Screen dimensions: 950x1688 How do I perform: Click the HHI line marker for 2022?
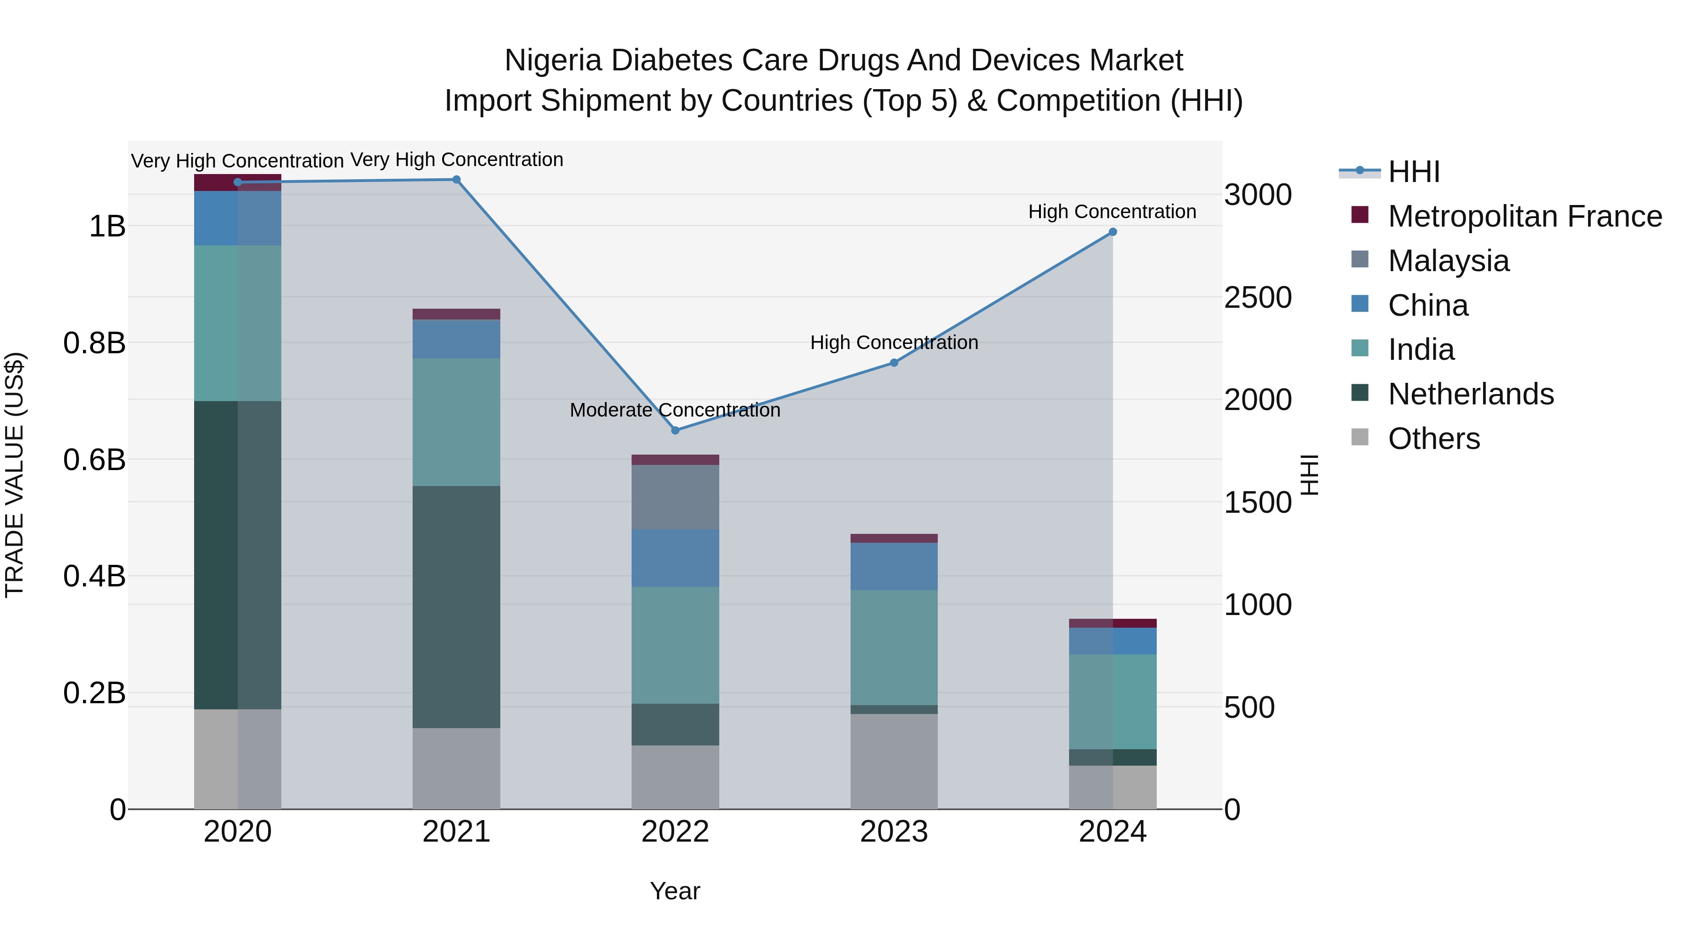(676, 431)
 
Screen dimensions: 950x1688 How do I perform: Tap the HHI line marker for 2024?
(1113, 232)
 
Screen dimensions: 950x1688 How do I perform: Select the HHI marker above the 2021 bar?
(457, 180)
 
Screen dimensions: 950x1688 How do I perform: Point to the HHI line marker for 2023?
(894, 363)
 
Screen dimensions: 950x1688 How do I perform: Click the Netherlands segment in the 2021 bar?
(456, 607)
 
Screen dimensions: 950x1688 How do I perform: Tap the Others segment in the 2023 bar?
(894, 761)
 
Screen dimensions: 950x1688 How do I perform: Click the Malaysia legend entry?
(1448, 261)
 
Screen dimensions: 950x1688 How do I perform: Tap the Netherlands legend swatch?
(1360, 394)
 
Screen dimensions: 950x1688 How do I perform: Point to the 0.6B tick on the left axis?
(94, 460)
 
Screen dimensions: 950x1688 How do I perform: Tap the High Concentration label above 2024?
(1112, 212)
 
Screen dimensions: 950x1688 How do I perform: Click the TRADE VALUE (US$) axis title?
(15, 475)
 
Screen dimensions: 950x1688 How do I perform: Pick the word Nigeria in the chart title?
(553, 61)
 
